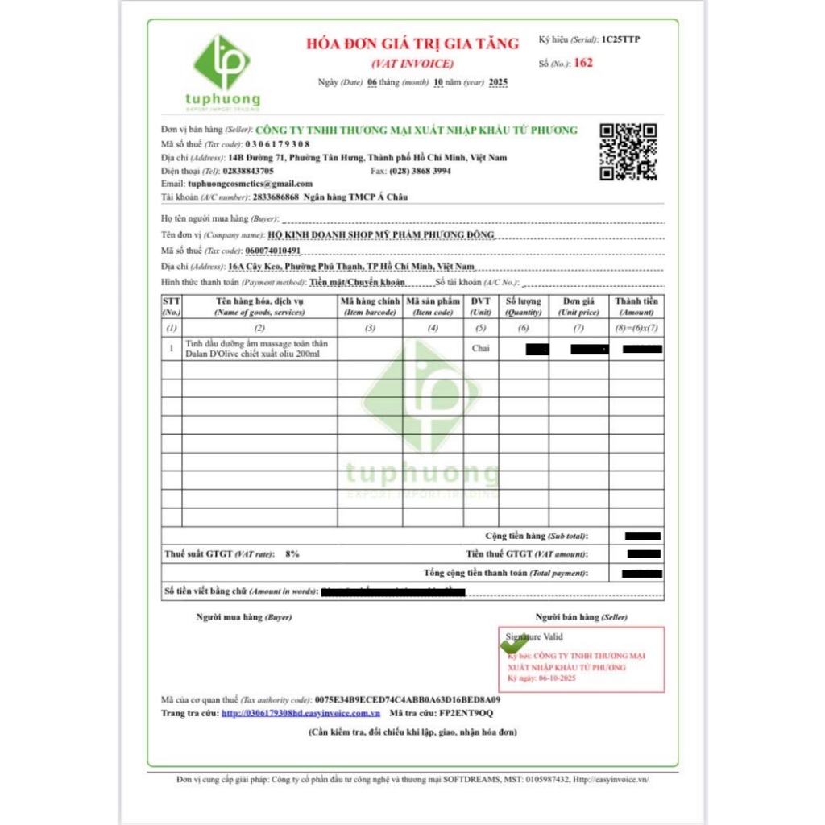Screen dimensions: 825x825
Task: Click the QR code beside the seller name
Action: [x=628, y=151]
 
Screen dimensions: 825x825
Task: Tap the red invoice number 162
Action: [x=583, y=63]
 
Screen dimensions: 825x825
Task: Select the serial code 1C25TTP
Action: [x=621, y=39]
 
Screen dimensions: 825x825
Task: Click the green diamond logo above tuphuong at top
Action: [x=222, y=62]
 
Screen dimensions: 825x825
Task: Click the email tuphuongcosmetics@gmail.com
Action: [x=250, y=183]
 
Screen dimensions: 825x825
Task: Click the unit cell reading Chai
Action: [x=481, y=348]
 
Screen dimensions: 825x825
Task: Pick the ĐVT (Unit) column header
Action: [x=481, y=306]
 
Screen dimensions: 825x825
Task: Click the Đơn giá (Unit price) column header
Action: [x=578, y=306]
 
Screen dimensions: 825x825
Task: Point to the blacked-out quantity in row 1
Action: [x=537, y=349]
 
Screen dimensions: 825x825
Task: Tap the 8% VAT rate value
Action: [x=292, y=553]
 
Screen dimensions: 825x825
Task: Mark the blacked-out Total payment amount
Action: [x=642, y=573]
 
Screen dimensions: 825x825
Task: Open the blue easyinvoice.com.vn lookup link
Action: [x=301, y=713]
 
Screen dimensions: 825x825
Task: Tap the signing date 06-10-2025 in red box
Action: [x=553, y=678]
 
